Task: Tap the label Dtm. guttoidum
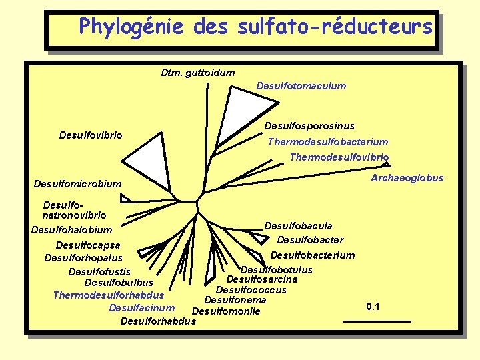(x=198, y=72)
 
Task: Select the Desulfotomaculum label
(x=301, y=85)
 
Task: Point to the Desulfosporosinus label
(x=309, y=126)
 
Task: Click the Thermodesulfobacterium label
(x=327, y=141)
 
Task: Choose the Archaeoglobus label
(x=407, y=177)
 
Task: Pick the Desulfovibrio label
(x=91, y=135)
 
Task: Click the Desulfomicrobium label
(x=78, y=184)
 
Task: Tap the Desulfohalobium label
(x=71, y=230)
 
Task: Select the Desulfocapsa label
(x=88, y=245)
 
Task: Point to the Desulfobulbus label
(x=119, y=283)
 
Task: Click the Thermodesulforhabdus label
(x=108, y=295)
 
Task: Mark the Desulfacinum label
(x=141, y=307)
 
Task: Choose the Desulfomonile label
(x=225, y=311)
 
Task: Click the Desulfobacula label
(x=298, y=226)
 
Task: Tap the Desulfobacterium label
(x=312, y=255)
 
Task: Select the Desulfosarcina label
(x=262, y=279)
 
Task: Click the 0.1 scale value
(x=373, y=307)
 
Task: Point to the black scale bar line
(x=377, y=321)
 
